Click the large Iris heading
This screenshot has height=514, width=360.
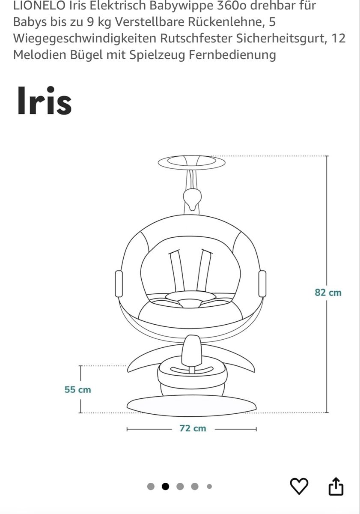tap(45, 101)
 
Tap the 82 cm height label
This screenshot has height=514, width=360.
tap(328, 293)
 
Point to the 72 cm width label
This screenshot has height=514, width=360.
tap(193, 428)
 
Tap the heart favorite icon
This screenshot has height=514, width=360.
tap(299, 486)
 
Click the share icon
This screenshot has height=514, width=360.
tap(336, 486)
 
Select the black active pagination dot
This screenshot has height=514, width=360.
tap(165, 486)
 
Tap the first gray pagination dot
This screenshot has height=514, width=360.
tap(151, 486)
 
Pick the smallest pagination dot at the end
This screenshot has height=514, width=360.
tap(209, 486)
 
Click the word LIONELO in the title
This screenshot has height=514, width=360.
tap(39, 6)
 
